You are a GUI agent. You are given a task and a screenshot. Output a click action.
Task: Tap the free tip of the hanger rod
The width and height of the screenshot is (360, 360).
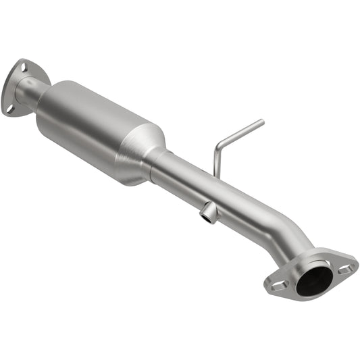click(x=261, y=122)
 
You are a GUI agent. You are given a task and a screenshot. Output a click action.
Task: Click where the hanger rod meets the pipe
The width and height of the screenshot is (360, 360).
click(x=215, y=177)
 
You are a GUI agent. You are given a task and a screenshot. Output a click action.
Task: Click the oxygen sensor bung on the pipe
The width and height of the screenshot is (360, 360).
click(x=209, y=214)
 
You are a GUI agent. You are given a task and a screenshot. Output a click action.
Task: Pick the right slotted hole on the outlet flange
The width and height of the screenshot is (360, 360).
click(x=346, y=268)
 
